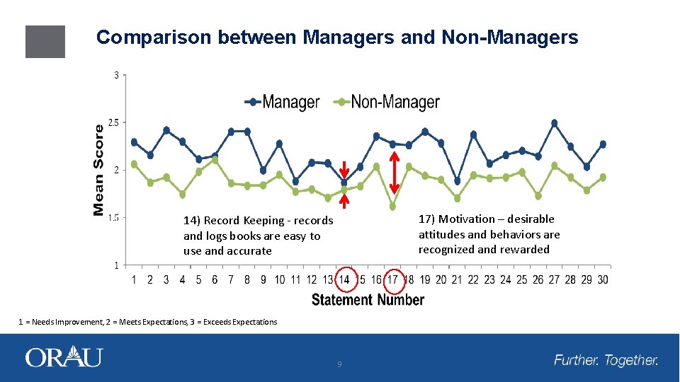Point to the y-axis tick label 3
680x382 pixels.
(116, 75)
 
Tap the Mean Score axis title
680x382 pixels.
(99, 170)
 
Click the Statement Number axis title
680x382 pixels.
(368, 300)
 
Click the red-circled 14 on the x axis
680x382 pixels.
(344, 279)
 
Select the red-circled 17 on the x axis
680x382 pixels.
(393, 279)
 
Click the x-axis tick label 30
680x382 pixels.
(602, 279)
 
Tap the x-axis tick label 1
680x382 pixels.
(134, 279)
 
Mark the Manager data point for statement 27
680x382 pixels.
(554, 123)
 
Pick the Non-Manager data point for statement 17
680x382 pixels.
(393, 207)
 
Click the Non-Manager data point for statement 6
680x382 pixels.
(215, 160)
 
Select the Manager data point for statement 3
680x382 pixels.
(166, 130)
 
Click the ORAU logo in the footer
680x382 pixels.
(64, 357)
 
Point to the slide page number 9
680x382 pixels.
(339, 364)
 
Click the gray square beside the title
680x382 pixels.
(45, 42)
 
